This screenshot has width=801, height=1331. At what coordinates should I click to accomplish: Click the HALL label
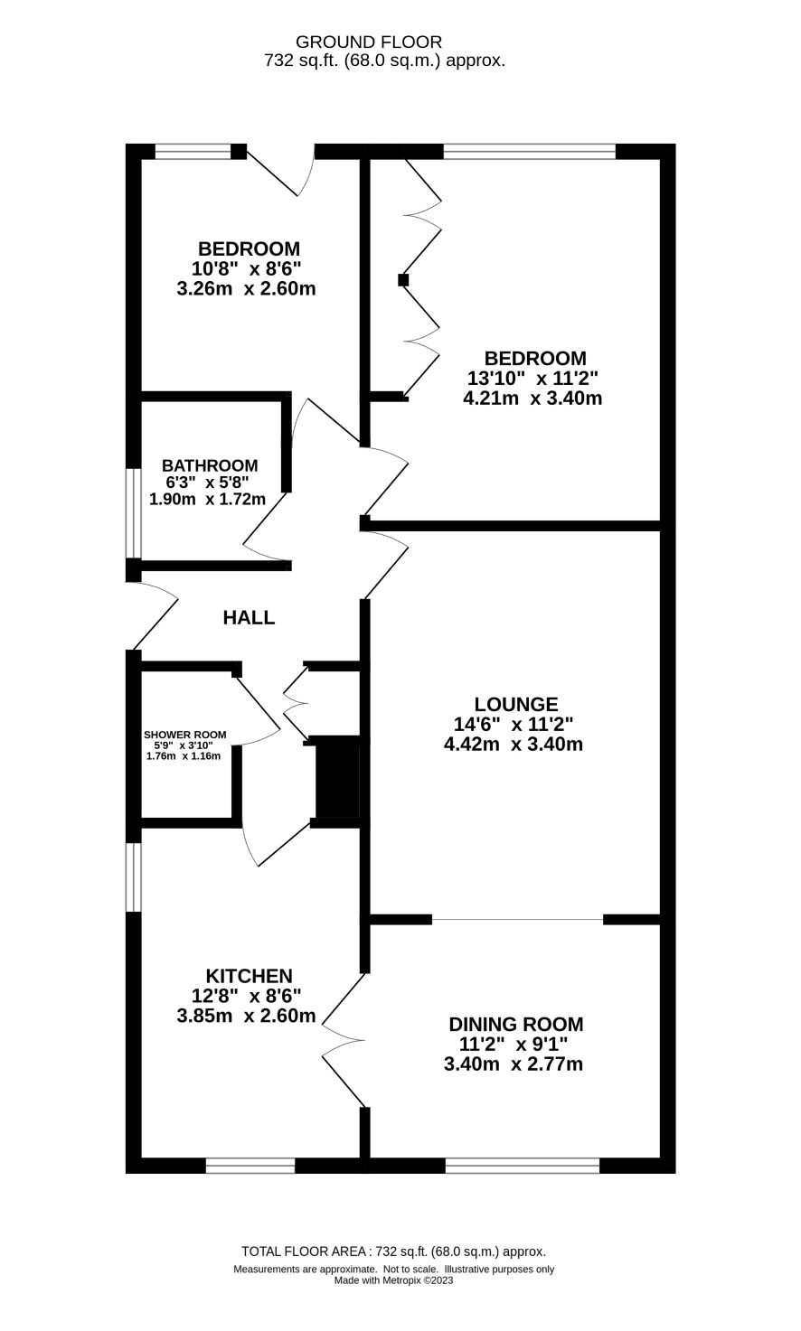tap(249, 618)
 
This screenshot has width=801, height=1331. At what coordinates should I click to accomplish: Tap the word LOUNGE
tap(516, 704)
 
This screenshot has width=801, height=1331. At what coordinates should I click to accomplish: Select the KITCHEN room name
tap(250, 976)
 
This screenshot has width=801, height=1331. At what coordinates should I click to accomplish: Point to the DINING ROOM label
tap(515, 1025)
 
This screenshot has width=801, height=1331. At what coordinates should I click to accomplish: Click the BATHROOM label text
tap(210, 465)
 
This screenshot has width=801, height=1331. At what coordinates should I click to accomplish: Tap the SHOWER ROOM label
tap(185, 735)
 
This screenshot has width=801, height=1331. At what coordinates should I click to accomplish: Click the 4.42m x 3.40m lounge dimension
tap(514, 744)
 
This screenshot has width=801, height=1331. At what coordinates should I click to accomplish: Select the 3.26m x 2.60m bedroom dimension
tap(246, 289)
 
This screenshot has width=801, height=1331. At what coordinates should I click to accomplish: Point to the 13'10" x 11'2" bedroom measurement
tap(532, 378)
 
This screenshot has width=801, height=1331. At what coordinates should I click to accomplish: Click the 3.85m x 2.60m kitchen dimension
tap(246, 1016)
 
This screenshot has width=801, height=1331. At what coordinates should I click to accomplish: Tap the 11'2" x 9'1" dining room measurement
tap(514, 1044)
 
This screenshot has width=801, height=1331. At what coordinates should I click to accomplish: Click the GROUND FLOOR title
tap(369, 42)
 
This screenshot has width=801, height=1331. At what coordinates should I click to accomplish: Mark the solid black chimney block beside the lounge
tap(337, 776)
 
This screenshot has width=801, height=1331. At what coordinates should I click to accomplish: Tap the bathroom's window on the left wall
tap(133, 514)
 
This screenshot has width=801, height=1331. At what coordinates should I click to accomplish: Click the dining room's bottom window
tap(523, 1166)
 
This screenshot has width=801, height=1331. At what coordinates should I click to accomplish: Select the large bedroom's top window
tap(529, 152)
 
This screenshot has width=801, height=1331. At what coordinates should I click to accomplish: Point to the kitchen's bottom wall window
tap(250, 1166)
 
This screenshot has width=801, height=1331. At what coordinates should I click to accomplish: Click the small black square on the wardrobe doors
tap(403, 279)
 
